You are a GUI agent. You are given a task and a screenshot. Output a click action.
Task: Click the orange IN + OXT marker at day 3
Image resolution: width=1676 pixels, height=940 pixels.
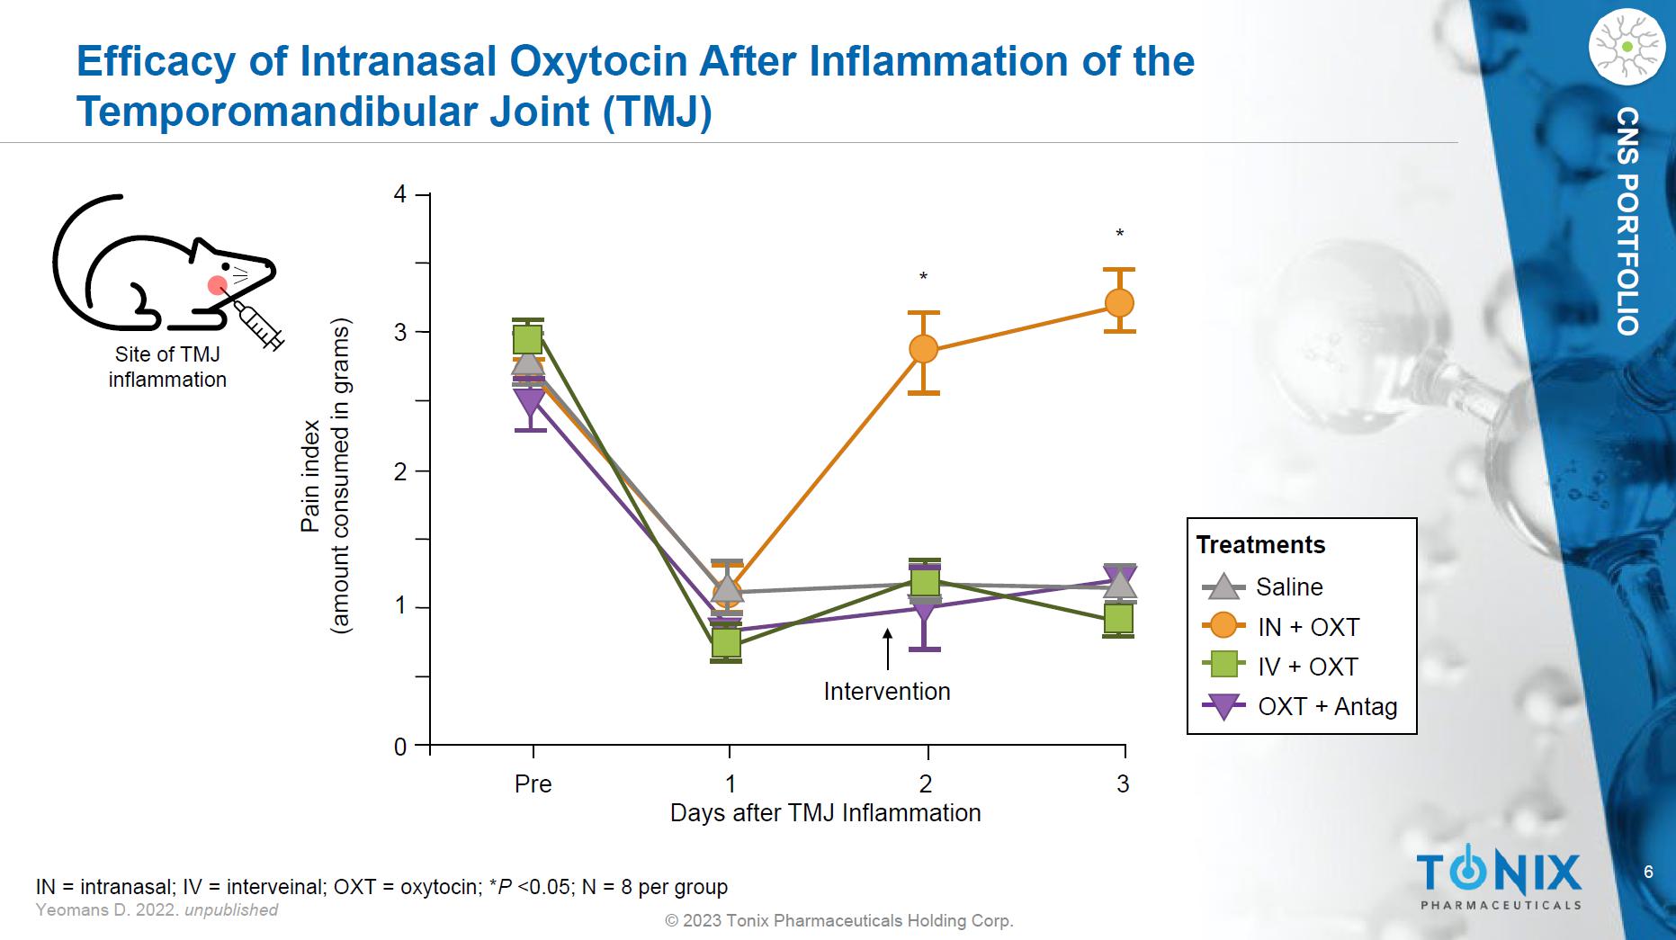[1119, 303]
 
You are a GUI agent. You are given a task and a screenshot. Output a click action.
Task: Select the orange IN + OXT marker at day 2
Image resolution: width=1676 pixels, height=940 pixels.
[924, 349]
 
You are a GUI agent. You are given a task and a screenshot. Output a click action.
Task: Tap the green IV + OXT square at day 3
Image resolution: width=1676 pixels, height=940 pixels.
[1118, 618]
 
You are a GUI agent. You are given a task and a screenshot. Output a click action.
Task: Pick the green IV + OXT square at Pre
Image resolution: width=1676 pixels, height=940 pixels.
[528, 339]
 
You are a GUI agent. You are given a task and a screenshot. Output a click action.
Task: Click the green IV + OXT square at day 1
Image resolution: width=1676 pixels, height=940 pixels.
[726, 642]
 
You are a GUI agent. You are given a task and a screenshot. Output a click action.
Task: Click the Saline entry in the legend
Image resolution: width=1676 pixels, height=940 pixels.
[1288, 587]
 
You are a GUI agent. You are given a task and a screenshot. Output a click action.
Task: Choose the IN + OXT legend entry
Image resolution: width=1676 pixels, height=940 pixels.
[1308, 627]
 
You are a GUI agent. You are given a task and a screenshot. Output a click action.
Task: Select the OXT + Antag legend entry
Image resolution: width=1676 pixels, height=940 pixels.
[1327, 707]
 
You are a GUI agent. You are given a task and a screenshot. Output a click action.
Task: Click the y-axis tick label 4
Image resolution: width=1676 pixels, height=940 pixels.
[400, 194]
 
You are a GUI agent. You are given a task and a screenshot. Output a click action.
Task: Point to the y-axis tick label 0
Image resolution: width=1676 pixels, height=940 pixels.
[400, 747]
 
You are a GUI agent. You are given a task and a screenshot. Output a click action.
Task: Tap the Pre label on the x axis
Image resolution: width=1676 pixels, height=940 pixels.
[533, 784]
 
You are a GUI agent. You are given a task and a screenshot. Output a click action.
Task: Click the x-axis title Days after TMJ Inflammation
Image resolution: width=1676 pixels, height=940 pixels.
[825, 813]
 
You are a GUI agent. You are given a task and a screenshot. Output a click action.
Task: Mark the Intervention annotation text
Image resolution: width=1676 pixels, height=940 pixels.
[887, 692]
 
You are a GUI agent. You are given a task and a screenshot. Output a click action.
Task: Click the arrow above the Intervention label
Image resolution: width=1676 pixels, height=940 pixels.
[888, 649]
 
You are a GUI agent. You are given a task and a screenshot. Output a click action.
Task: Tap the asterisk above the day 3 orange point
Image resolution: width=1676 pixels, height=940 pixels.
[1120, 235]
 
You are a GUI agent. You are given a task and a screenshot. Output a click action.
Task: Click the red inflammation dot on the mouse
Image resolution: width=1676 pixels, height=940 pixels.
[217, 285]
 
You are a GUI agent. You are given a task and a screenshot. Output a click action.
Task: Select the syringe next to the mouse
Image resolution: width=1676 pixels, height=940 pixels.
[260, 325]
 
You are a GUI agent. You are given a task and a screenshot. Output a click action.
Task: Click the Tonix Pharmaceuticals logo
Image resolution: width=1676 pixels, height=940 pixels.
[1500, 878]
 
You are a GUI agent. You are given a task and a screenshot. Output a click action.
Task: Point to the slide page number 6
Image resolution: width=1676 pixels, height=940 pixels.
[1648, 872]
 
